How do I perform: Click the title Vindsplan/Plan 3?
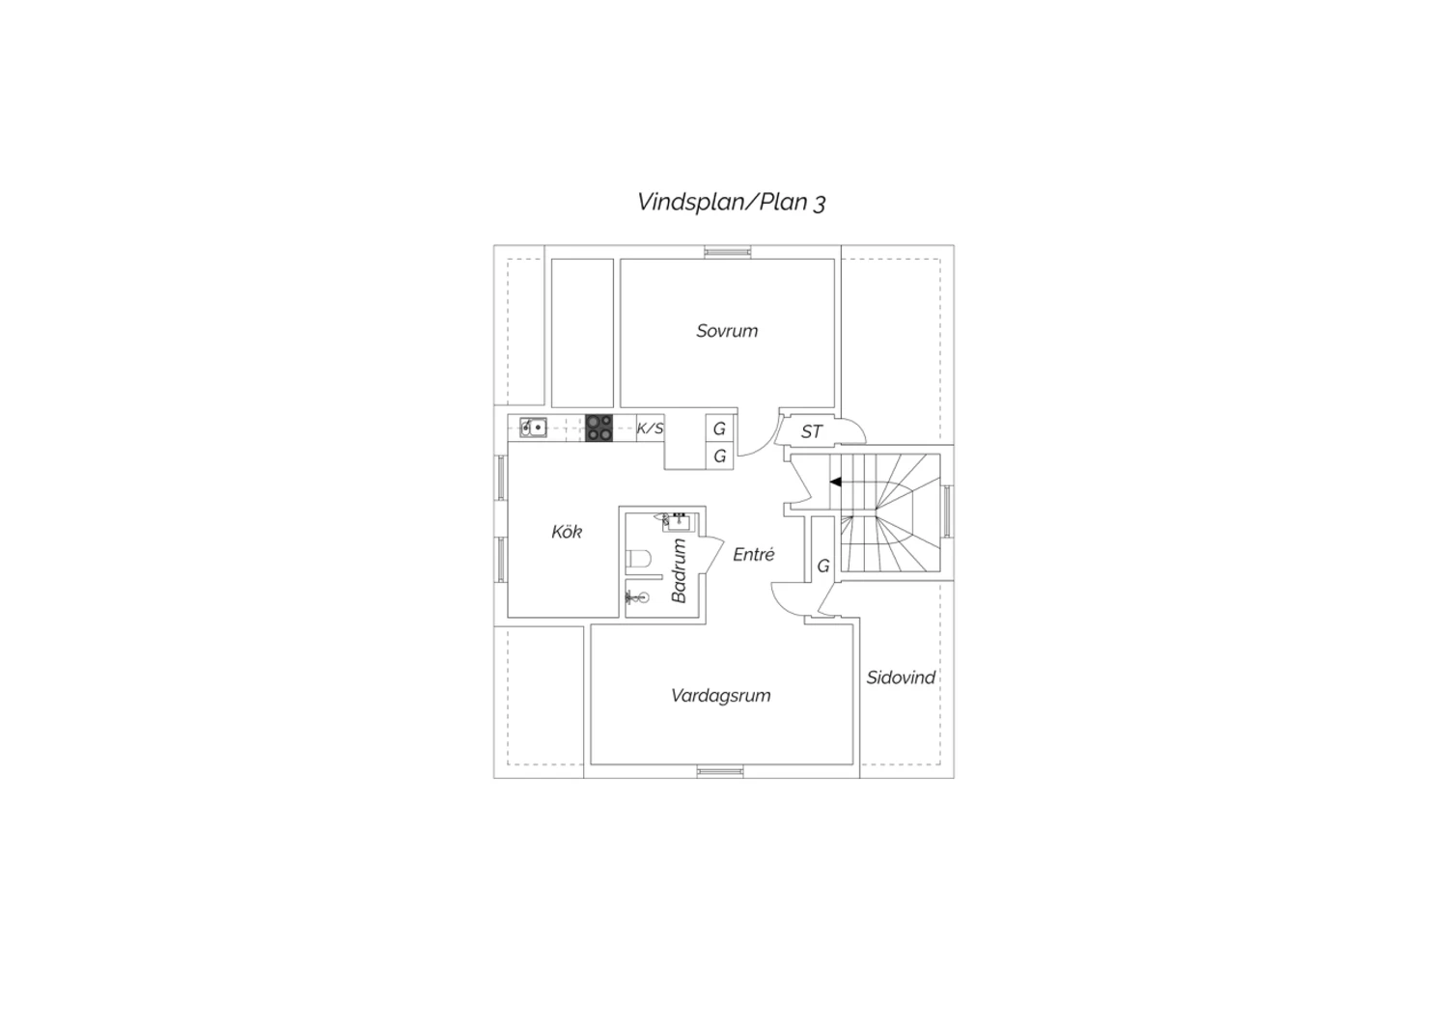click(x=731, y=202)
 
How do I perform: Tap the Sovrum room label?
click(x=727, y=331)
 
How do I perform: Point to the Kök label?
click(x=567, y=532)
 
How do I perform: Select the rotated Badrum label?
click(x=679, y=571)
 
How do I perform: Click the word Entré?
click(x=754, y=554)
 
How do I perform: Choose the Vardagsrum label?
click(x=721, y=696)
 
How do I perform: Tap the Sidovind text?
click(x=901, y=677)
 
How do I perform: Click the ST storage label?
click(x=812, y=431)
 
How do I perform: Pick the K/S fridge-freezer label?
click(x=651, y=428)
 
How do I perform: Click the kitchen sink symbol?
click(x=533, y=428)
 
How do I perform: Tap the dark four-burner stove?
click(x=599, y=428)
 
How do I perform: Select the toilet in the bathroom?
click(x=639, y=559)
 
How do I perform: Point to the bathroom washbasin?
click(x=678, y=522)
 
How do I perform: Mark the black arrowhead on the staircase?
click(x=836, y=483)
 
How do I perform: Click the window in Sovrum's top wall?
click(x=728, y=252)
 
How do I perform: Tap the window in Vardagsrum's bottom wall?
click(x=720, y=771)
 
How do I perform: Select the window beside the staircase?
click(x=947, y=511)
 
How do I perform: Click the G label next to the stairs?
click(x=822, y=567)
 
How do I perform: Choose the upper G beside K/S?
click(x=719, y=429)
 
